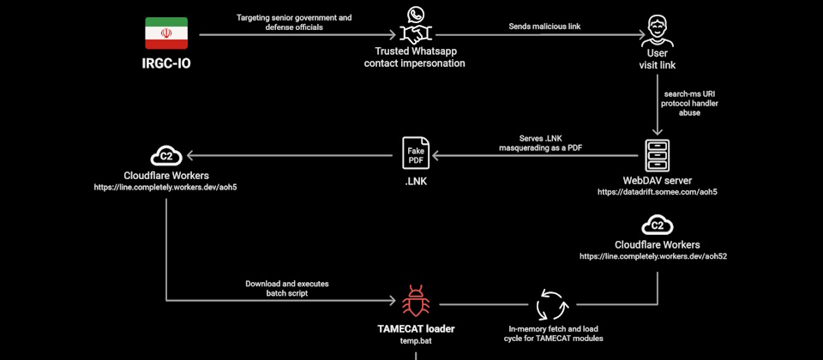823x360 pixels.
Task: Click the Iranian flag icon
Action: (x=166, y=33)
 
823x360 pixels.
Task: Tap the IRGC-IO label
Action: (x=166, y=63)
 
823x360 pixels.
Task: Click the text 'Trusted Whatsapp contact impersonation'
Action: (x=415, y=57)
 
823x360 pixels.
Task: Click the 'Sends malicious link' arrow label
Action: (x=544, y=27)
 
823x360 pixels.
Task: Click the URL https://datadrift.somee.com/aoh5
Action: (x=657, y=193)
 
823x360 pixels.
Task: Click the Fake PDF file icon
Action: (x=416, y=155)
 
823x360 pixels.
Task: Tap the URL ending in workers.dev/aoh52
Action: (x=657, y=256)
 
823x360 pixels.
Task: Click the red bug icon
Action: (x=415, y=303)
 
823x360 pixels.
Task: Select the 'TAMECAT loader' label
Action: (x=415, y=328)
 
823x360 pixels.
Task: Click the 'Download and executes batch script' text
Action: (x=287, y=288)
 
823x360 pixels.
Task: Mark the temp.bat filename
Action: (x=415, y=340)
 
